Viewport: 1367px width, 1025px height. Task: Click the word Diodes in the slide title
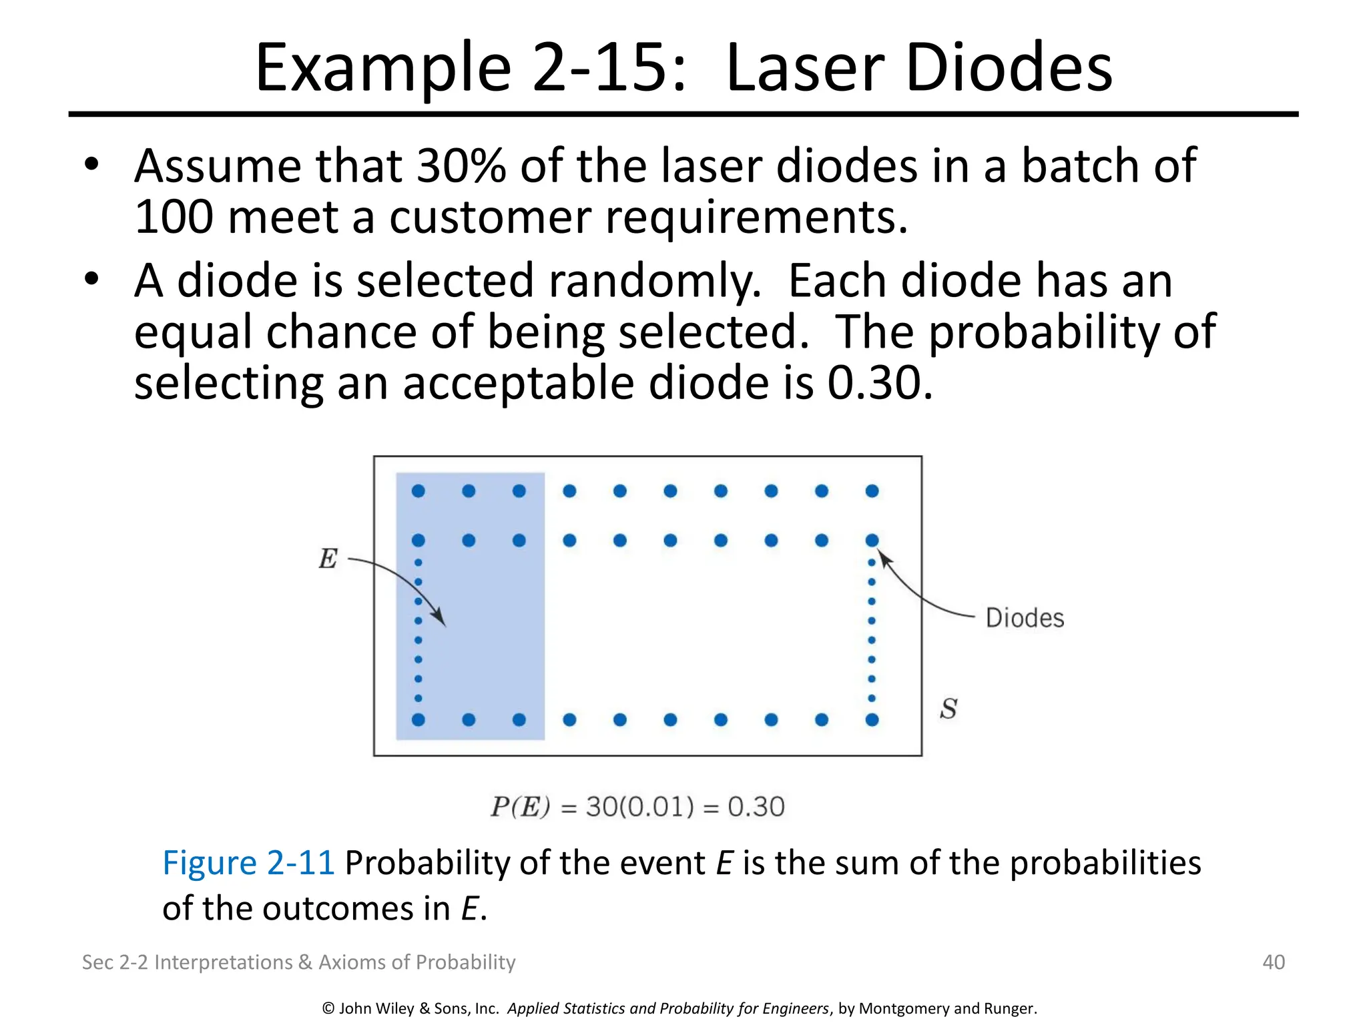point(1009,67)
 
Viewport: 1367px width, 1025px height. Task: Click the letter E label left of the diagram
point(328,559)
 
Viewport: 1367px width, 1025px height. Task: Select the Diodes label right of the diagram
point(1025,619)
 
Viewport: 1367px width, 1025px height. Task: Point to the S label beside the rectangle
point(948,709)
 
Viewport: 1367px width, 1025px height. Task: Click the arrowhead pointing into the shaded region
point(441,621)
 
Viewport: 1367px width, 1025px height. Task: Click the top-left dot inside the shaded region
point(419,491)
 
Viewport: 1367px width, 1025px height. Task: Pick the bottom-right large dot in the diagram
point(872,719)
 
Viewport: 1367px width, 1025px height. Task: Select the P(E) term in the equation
point(520,807)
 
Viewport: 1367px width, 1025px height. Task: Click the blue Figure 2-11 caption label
point(248,863)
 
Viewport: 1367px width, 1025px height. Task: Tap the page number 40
point(1274,962)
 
